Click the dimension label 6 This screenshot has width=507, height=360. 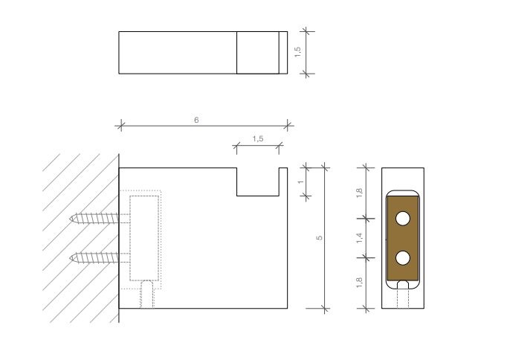pyautogui.click(x=196, y=120)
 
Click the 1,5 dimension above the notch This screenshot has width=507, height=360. pyautogui.click(x=257, y=139)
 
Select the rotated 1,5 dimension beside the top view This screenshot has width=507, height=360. pyautogui.click(x=297, y=52)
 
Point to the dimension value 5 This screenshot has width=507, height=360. pyautogui.click(x=319, y=237)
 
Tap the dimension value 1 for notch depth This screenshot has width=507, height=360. pyautogui.click(x=300, y=181)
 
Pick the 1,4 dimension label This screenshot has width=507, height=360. pyautogui.click(x=360, y=237)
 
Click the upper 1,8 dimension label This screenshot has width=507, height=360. pyautogui.click(x=360, y=191)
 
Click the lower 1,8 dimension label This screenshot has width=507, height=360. pyautogui.click(x=360, y=283)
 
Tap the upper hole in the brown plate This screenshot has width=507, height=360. pyautogui.click(x=403, y=219)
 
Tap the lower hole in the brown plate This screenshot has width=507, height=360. pyautogui.click(x=403, y=257)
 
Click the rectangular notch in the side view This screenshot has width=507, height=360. pyautogui.click(x=257, y=182)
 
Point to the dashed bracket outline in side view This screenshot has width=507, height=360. pyautogui.click(x=146, y=238)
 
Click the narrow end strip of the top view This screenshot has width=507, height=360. pyautogui.click(x=282, y=53)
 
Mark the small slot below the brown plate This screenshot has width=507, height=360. pyautogui.click(x=404, y=284)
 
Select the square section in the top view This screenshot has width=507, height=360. pyautogui.click(x=257, y=53)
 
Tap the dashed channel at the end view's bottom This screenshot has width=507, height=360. pyautogui.click(x=404, y=298)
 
